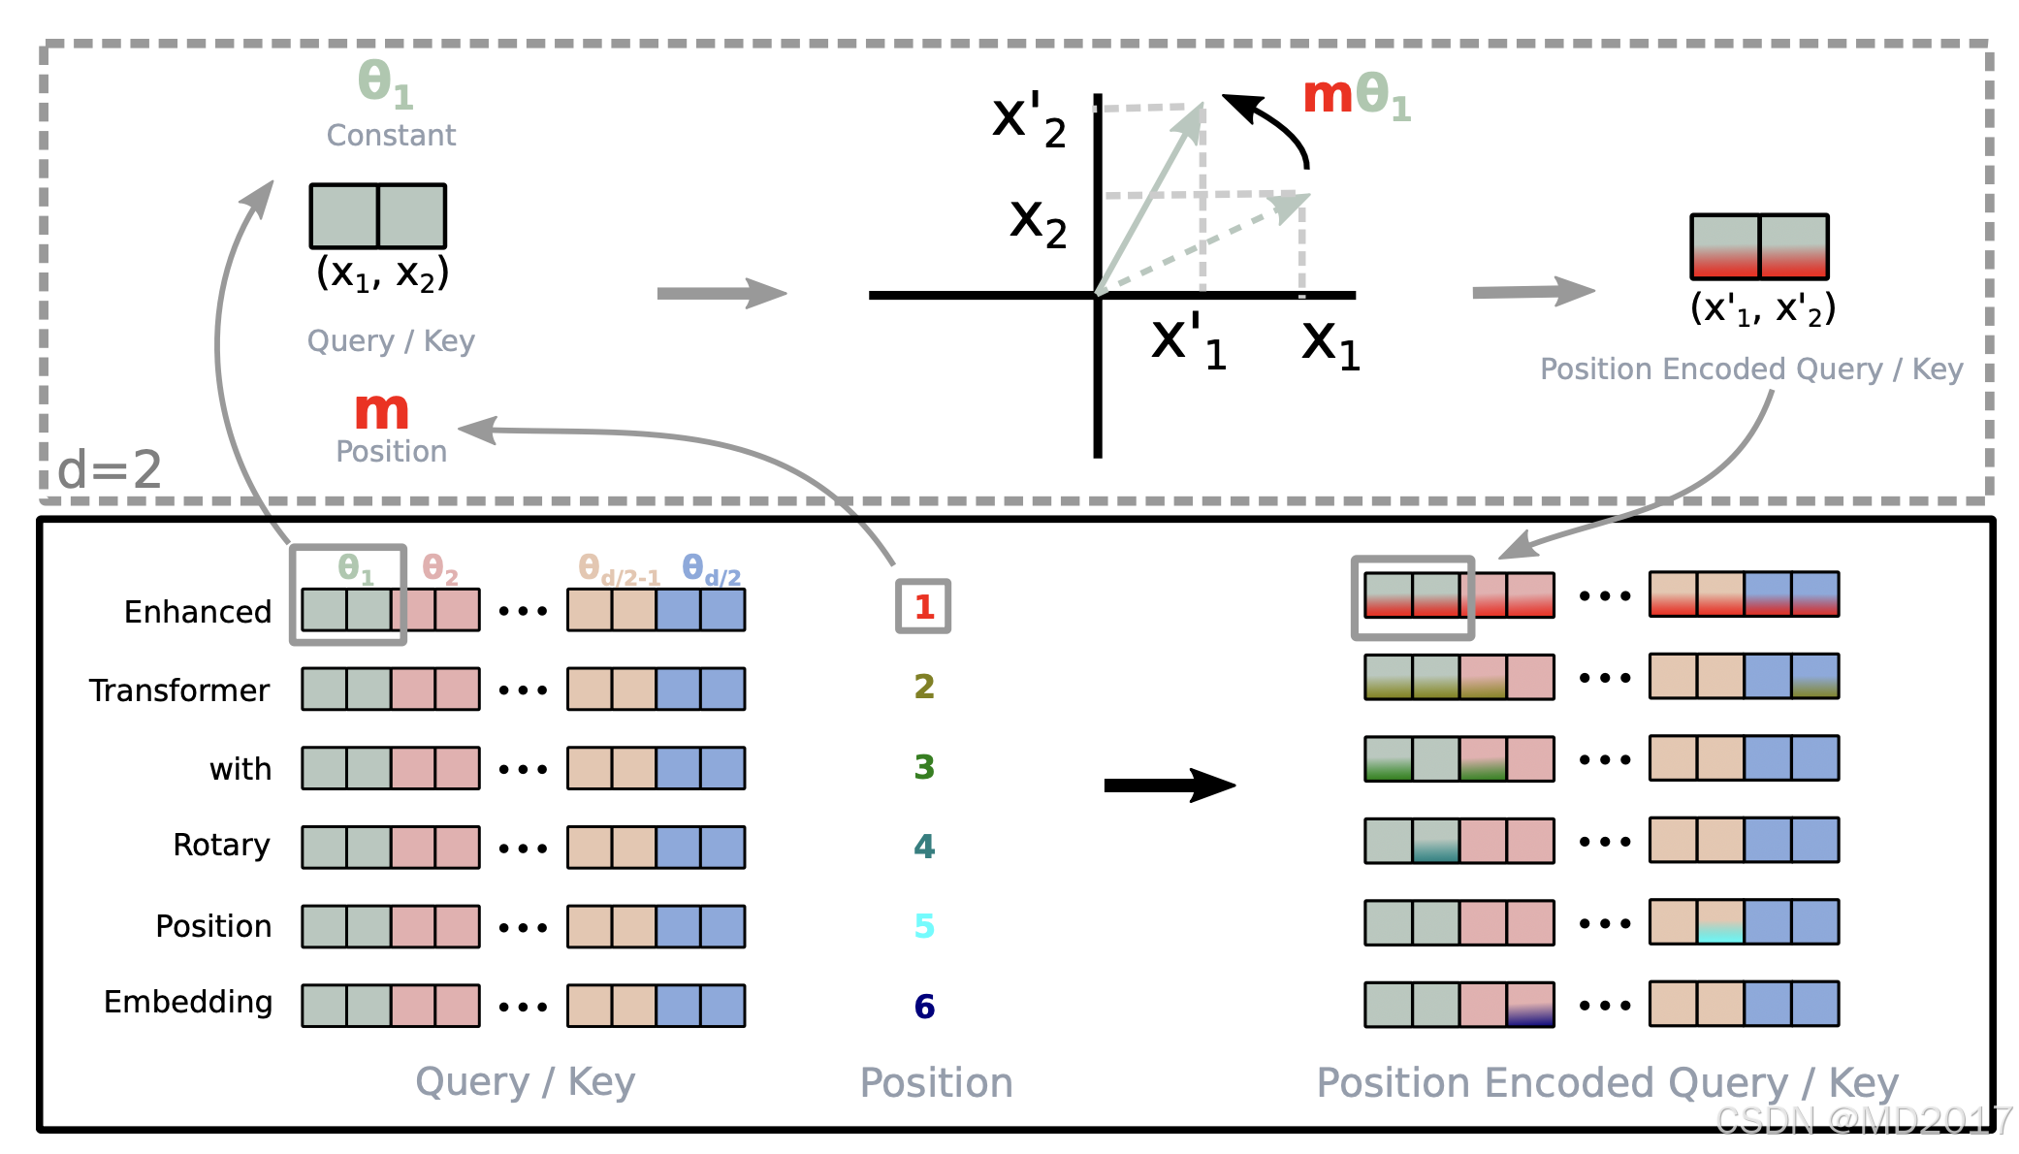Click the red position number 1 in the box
923,607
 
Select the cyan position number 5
924,926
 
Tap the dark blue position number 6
924,1007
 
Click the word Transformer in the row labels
179,690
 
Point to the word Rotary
221,846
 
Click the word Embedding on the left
188,1002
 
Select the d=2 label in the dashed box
110,470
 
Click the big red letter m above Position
382,411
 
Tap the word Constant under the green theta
391,136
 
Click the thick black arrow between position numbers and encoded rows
1169,785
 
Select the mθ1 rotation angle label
1356,97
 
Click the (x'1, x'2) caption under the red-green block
1762,309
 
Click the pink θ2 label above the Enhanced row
440,569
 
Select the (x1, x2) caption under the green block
382,274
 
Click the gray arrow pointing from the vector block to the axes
721,293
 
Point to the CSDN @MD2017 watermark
1862,1121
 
